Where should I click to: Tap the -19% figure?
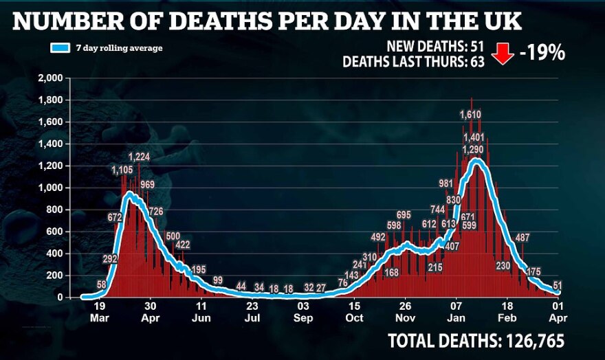pyautogui.click(x=542, y=54)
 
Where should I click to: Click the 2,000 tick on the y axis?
pyautogui.click(x=54, y=78)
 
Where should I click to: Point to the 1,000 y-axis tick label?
pyautogui.click(x=54, y=188)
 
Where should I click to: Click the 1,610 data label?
pyautogui.click(x=472, y=115)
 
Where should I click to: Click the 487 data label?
pyautogui.click(x=522, y=238)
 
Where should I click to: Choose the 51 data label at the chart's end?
pyautogui.click(x=558, y=285)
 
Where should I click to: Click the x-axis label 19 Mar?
pyautogui.click(x=100, y=312)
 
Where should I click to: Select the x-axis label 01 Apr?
pyautogui.click(x=558, y=312)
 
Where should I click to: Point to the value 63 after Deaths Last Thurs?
pyautogui.click(x=478, y=62)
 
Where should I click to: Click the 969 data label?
pyautogui.click(x=147, y=185)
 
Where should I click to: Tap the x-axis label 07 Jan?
pyautogui.click(x=456, y=312)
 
